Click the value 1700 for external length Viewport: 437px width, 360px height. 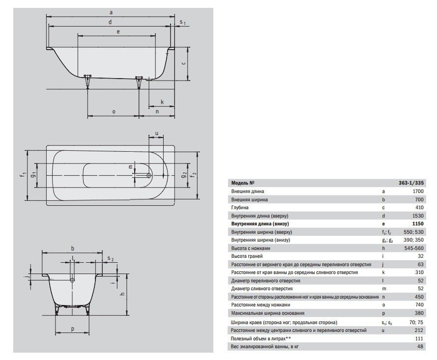pyautogui.click(x=418, y=191)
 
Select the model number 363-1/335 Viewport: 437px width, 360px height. pyautogui.click(x=411, y=183)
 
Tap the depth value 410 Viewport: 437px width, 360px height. pyautogui.click(x=419, y=207)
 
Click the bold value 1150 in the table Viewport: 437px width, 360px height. pyautogui.click(x=418, y=223)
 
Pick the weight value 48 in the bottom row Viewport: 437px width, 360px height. pyautogui.click(x=420, y=347)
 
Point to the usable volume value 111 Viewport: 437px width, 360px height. pyautogui.click(x=419, y=338)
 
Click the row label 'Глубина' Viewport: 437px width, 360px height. pyautogui.click(x=240, y=208)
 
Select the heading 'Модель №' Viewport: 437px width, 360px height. pyautogui.click(x=243, y=183)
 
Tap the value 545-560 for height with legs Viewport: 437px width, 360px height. pyautogui.click(x=414, y=248)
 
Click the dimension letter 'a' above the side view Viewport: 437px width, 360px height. pyautogui.click(x=111, y=12)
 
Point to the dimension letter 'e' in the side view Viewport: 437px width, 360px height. pyautogui.click(x=118, y=32)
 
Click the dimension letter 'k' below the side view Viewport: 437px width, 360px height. pyautogui.click(x=162, y=102)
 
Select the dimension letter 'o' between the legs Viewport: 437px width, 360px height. pyautogui.click(x=114, y=111)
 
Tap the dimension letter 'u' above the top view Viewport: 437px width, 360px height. pyautogui.click(x=156, y=134)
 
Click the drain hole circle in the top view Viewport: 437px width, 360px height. pyautogui.click(x=149, y=175)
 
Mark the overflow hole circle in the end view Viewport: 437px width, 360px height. pyautogui.click(x=72, y=280)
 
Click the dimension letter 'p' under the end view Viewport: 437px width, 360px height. pyautogui.click(x=72, y=329)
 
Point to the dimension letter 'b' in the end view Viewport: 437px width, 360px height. pyautogui.click(x=72, y=249)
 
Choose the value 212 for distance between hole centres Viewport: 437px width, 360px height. pyautogui.click(x=419, y=330)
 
